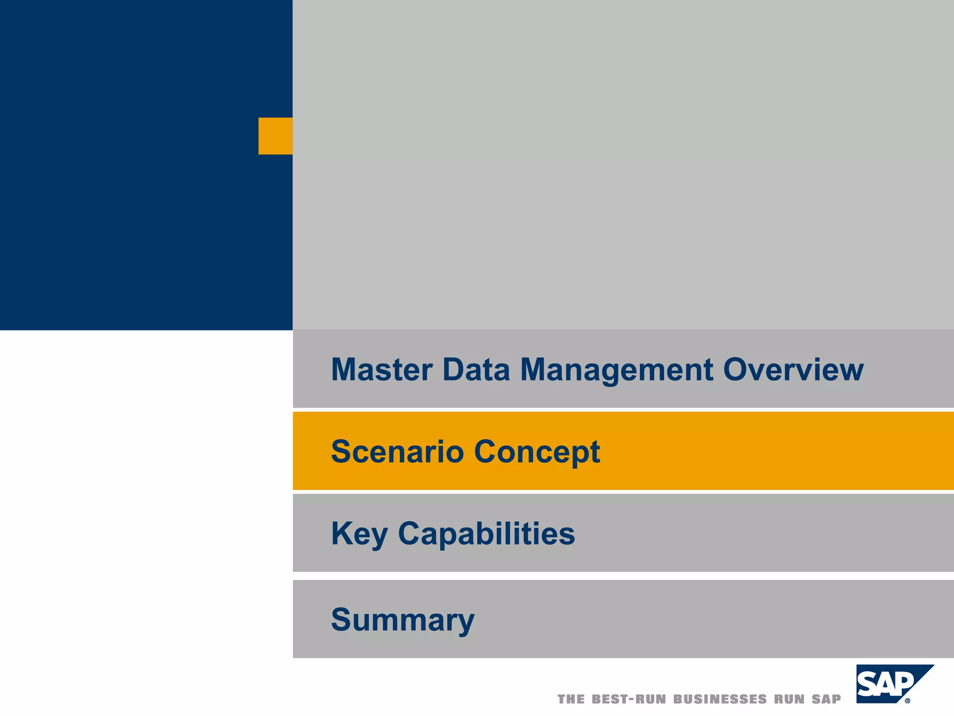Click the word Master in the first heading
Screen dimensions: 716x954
[382, 370]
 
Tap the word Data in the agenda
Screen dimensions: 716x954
[476, 370]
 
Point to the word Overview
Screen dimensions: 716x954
[793, 370]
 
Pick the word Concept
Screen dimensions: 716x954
[537, 452]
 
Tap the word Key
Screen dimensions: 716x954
[359, 534]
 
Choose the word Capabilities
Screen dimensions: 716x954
[486, 533]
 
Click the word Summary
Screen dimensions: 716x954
[402, 620]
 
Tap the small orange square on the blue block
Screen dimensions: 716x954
[275, 136]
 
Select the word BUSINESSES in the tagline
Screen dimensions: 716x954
[720, 699]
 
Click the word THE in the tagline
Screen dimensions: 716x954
[571, 699]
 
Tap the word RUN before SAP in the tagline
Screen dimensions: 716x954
[789, 699]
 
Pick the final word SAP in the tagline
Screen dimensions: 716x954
[827, 699]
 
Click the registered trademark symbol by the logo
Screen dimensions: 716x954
[907, 701]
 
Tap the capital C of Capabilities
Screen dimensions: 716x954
[410, 533]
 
